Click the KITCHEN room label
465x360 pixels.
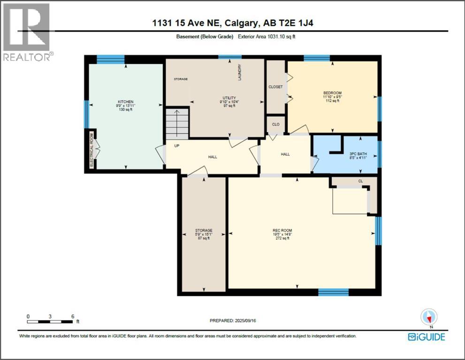(126, 102)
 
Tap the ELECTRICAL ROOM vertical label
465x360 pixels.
(92, 149)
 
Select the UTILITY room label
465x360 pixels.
(229, 97)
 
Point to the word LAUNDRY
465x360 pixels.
(239, 73)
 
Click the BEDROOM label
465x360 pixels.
(332, 92)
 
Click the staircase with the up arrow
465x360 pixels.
(177, 123)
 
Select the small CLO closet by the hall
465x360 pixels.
(276, 124)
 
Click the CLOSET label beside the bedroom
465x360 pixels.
(275, 87)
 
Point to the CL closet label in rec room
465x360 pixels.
(360, 180)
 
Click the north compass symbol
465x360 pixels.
(429, 317)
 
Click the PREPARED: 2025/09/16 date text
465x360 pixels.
(233, 321)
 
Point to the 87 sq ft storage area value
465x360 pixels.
(204, 238)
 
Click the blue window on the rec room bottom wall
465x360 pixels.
(333, 292)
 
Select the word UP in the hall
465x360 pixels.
(177, 145)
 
